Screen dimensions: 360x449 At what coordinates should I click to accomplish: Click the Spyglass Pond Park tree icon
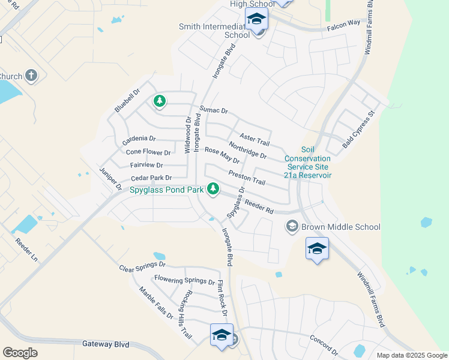[x=212, y=189]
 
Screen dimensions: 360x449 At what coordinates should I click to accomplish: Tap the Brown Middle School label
[x=340, y=227]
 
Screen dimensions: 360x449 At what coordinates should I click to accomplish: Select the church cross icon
[x=32, y=76]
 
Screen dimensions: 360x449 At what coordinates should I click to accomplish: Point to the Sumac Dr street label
[x=214, y=110]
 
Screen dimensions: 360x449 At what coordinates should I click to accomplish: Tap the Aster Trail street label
[x=255, y=139]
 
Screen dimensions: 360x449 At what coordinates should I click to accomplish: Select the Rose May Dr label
[x=222, y=156]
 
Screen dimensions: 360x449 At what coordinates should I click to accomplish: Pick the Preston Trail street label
[x=247, y=178]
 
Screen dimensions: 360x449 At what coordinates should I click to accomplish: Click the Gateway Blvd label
[x=105, y=344]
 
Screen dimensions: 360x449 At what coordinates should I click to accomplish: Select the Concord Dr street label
[x=324, y=343]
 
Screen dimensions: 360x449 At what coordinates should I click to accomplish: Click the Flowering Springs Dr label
[x=184, y=280]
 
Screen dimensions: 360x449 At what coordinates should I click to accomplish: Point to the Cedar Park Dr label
[x=151, y=178]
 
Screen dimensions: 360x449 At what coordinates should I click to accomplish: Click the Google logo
[x=20, y=353]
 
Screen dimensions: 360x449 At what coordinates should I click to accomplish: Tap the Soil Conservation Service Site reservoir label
[x=308, y=162]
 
